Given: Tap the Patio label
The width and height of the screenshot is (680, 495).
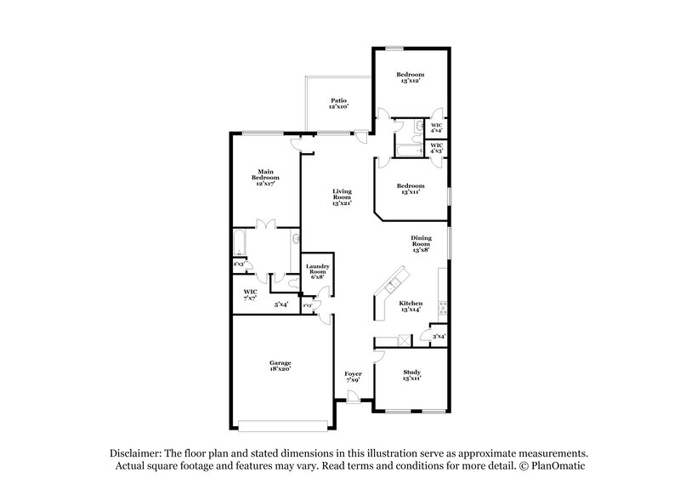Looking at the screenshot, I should point(339,104).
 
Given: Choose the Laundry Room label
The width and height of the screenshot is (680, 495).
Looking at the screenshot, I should point(317,271).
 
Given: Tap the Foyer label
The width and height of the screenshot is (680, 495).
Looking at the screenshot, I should point(353,376).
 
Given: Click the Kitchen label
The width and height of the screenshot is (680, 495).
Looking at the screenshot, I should point(411,305).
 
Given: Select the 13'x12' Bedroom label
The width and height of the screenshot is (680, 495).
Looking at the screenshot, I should point(411,78).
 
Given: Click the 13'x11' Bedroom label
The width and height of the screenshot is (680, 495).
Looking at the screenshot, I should point(411,189).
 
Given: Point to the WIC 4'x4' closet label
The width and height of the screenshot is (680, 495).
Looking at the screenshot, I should point(436,128).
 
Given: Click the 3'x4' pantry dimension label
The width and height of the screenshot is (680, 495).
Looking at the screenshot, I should point(438,337).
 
